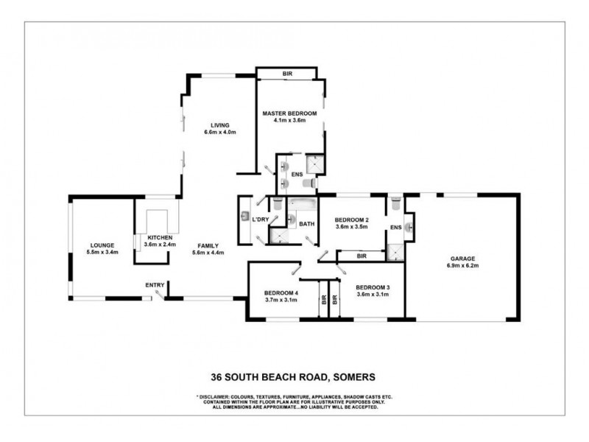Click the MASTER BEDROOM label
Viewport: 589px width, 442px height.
pyautogui.click(x=289, y=113)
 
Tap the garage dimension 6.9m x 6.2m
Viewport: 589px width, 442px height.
pyautogui.click(x=462, y=265)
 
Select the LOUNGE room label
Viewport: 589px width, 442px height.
pyautogui.click(x=102, y=245)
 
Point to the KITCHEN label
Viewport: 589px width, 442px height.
pyautogui.click(x=160, y=237)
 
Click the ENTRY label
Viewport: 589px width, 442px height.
pyautogui.click(x=155, y=285)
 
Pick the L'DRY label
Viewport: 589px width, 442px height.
pyautogui.click(x=261, y=220)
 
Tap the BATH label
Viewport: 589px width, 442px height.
pyautogui.click(x=306, y=224)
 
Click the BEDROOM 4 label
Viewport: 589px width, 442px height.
pyautogui.click(x=281, y=292)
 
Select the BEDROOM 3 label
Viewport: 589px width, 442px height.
pyautogui.click(x=373, y=287)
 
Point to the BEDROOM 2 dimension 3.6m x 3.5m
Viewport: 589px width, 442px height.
pyautogui.click(x=352, y=227)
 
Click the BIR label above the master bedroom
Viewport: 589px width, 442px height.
pyautogui.click(x=287, y=74)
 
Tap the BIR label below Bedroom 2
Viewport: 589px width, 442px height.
pyautogui.click(x=361, y=256)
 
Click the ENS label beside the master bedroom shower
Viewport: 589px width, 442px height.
pyautogui.click(x=297, y=175)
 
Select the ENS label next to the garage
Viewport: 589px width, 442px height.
pyautogui.click(x=396, y=227)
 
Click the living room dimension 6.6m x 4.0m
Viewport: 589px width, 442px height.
pyautogui.click(x=220, y=132)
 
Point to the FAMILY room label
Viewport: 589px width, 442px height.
pyautogui.click(x=208, y=246)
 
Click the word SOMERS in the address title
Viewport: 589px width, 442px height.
pyautogui.click(x=355, y=376)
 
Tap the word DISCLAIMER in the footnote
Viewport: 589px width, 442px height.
pyautogui.click(x=214, y=397)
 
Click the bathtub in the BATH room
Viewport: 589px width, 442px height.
pyautogui.click(x=303, y=205)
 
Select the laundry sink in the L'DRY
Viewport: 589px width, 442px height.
pyautogui.click(x=245, y=216)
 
